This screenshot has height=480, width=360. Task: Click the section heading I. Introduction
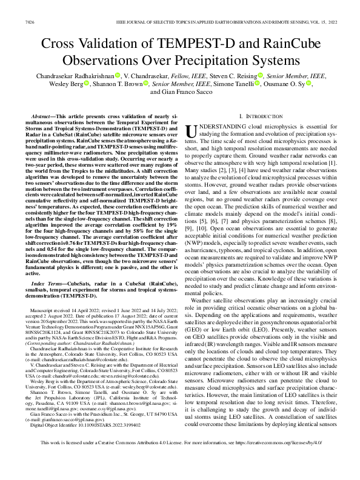pyautogui.click(x=258, y=116)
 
